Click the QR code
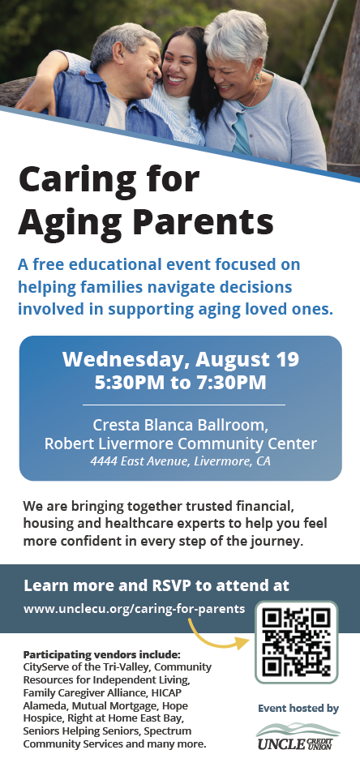(x=297, y=642)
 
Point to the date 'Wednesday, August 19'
(x=181, y=359)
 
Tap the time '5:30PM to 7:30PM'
(x=181, y=382)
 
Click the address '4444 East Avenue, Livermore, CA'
(x=181, y=461)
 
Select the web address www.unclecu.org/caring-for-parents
(x=134, y=609)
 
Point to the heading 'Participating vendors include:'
(x=101, y=654)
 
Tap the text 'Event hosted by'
(x=298, y=709)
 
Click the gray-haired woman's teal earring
(x=257, y=77)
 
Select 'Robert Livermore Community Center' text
(x=181, y=443)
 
